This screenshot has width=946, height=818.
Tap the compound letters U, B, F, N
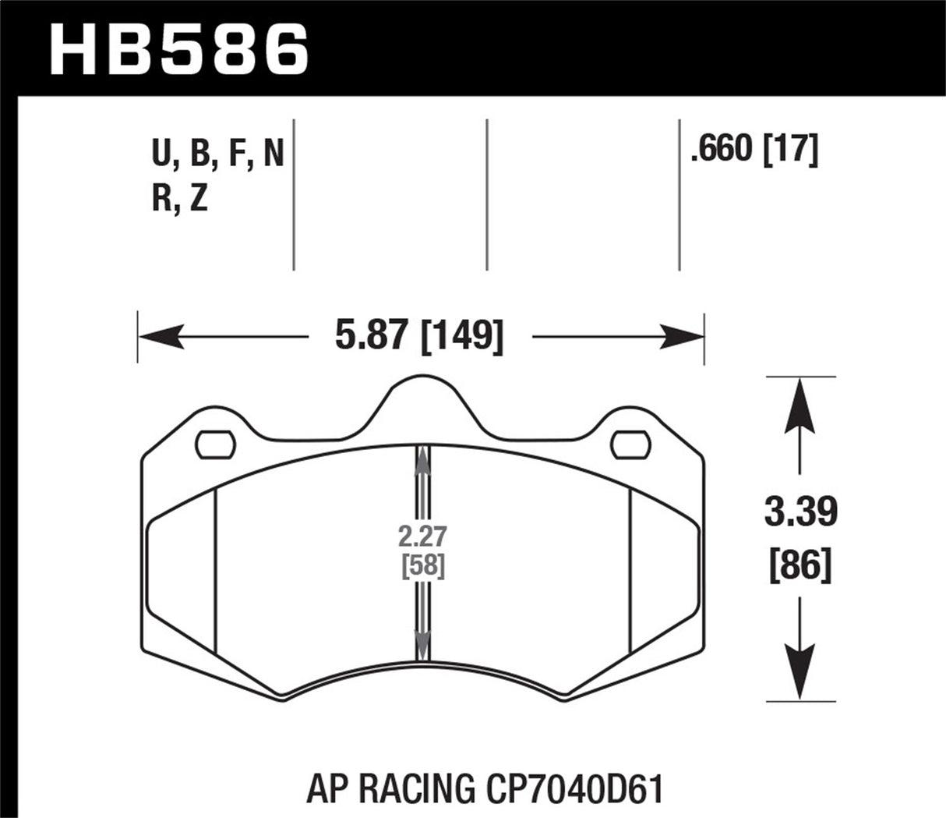[217, 156]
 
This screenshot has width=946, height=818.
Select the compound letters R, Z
[180, 200]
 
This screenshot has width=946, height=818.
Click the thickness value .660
[719, 150]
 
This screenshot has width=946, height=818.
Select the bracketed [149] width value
[461, 337]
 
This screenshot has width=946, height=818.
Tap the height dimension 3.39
[800, 512]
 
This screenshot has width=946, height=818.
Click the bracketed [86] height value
[800, 564]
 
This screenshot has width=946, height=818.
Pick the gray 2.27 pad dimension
[422, 537]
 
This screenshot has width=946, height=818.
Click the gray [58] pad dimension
[422, 565]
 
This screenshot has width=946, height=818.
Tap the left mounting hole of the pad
[215, 444]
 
